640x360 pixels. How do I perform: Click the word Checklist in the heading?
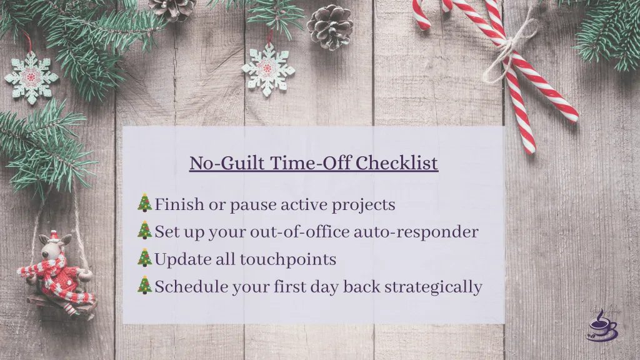pos(397,163)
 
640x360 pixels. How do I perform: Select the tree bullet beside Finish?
pos(144,203)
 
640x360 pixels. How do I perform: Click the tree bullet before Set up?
pos(144,231)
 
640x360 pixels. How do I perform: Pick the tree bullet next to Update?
pos(144,258)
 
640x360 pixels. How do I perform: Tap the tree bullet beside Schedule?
pos(144,286)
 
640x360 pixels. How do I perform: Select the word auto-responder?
pos(416,232)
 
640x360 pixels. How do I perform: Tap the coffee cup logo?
pos(601,326)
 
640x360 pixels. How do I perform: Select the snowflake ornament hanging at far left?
pos(31,77)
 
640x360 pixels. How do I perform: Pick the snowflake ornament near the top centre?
pos(268,69)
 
